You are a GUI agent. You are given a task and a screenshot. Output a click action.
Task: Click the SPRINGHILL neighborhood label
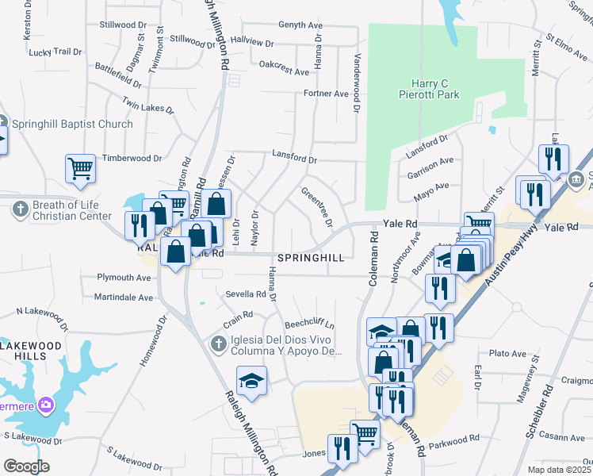pos(311,259)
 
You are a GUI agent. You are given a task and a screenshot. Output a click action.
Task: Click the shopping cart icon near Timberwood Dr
pos(80,168)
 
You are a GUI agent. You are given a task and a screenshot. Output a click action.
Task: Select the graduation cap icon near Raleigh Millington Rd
pos(252,381)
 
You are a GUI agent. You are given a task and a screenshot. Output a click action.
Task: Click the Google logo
pos(25,466)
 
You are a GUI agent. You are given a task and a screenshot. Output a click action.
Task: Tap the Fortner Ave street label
pos(326,94)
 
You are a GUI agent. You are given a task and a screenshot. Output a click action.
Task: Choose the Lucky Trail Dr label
pos(55,52)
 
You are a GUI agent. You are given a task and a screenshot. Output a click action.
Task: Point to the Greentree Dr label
pos(315,205)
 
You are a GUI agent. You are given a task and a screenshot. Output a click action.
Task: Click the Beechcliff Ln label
pos(310,325)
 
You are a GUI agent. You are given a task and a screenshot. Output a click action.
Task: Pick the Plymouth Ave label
pos(124,278)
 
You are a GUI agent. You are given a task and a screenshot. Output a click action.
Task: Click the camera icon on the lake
pos(46,405)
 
